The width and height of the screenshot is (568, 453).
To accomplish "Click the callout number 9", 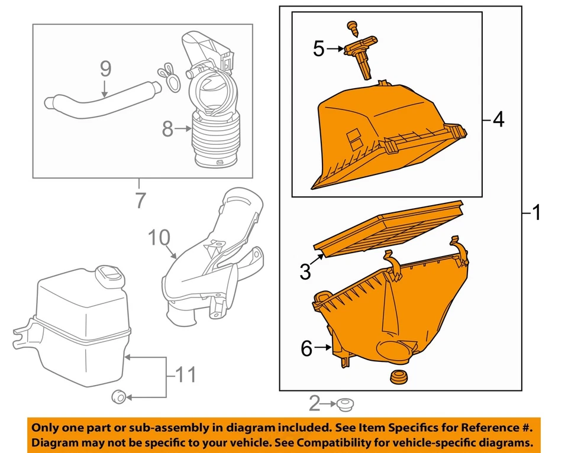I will [105, 69].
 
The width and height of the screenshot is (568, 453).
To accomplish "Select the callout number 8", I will [168, 128].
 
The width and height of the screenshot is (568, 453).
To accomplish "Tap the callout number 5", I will [319, 48].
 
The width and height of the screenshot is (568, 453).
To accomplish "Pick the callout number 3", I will [305, 272].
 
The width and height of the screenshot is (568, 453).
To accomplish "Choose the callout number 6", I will [306, 349].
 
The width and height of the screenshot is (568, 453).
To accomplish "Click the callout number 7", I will [140, 200].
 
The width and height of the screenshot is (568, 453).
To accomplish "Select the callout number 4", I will [499, 120].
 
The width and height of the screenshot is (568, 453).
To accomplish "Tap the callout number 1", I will [535, 212].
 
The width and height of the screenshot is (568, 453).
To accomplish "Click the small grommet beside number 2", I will [344, 405].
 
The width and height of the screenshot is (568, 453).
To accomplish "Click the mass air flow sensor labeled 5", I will [361, 57].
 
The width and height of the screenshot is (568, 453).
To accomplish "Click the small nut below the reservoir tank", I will [119, 396].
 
